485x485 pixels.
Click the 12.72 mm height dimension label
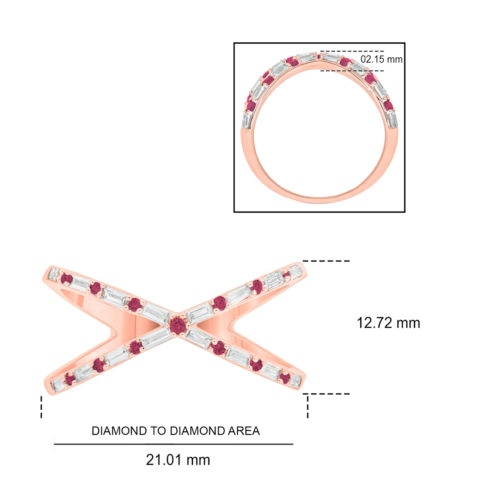tap(388, 323)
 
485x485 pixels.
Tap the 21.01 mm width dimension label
tap(178, 460)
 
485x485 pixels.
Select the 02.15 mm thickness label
tap(381, 59)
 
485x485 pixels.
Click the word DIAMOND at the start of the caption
tap(119, 431)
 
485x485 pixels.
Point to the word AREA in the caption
tap(244, 431)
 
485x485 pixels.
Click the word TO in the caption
tap(158, 431)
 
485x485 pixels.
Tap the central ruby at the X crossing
tap(178, 326)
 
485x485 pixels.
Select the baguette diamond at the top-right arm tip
tap(296, 271)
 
